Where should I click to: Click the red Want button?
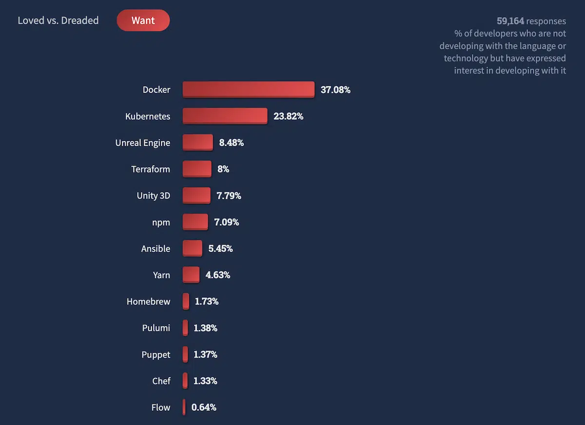143,20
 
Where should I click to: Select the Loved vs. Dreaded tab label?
58,20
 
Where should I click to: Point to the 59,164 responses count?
531,21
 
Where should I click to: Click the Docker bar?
248,89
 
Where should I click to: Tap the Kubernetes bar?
225,116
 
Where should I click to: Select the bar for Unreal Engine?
197,142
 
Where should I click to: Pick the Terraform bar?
197,169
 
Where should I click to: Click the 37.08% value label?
335,90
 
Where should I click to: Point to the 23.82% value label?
288,116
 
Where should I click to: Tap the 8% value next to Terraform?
223,169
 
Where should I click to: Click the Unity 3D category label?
153,195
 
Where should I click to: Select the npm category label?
161,222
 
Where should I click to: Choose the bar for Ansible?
192,248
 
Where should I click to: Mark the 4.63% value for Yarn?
217,275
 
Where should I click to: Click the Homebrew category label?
148,301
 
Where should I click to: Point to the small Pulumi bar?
185,328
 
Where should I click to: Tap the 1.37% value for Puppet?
205,354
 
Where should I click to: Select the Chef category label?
161,381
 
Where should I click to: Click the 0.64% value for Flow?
204,407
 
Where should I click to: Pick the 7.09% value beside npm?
226,222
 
